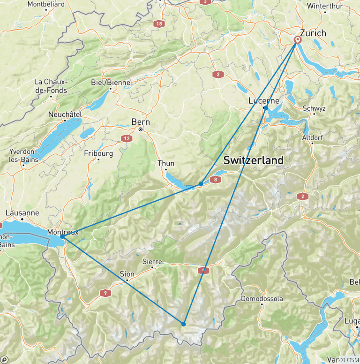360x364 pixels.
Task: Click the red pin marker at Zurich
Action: point(297,40)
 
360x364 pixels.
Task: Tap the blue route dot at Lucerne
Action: point(266,108)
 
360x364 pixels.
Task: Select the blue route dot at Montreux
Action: point(62,236)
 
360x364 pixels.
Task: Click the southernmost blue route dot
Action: point(184,324)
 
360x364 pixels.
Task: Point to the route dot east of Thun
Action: point(201,184)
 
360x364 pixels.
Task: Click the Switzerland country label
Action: point(253,160)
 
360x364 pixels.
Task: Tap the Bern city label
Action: point(140,121)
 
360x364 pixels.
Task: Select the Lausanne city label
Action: point(22,212)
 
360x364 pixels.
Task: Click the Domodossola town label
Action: point(262,298)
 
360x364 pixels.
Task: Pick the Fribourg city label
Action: point(98,153)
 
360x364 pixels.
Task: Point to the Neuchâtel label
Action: point(65,114)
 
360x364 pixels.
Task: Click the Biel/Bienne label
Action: point(111,82)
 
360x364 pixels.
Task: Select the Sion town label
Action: point(127,274)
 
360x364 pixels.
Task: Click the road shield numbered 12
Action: point(127,138)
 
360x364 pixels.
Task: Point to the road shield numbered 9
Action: point(105,293)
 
